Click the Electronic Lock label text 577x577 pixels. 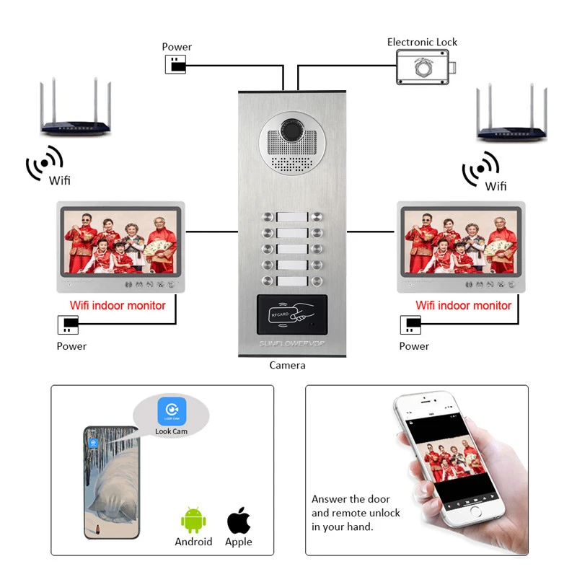422,42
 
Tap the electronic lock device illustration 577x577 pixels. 426,68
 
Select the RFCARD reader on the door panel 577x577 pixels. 291,314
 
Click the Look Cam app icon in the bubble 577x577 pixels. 172,411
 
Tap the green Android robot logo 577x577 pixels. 193,521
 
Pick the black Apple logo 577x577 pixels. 239,521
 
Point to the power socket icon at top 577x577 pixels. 175,64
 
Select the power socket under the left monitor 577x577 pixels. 68,325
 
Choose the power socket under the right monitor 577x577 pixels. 411,325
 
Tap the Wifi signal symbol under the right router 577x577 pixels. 480,169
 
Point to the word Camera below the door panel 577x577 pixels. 288,365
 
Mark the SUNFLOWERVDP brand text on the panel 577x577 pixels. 292,343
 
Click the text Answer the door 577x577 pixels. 351,499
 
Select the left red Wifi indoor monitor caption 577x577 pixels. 118,305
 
